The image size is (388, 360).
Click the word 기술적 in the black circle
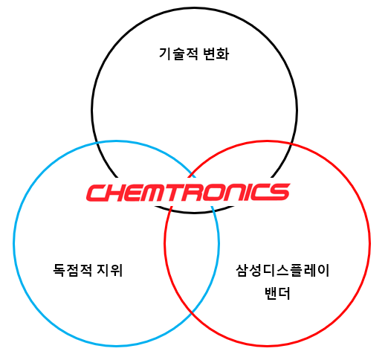click(178, 54)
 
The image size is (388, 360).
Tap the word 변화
click(216, 54)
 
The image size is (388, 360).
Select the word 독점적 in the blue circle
click(73, 270)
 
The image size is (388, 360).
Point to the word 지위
click(110, 270)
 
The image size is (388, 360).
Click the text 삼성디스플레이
click(282, 270)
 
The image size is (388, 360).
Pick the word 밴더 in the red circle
click(277, 293)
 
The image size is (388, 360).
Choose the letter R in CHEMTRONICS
click(195, 193)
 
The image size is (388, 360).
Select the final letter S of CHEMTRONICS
click(278, 193)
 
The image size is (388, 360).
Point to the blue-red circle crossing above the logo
click(192, 173)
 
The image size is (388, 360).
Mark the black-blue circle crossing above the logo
click(97, 143)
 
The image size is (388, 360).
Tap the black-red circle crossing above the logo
click(291, 144)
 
